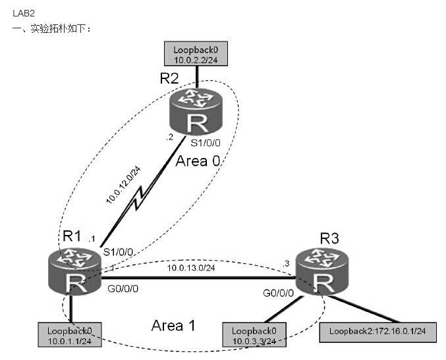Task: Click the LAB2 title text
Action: pyautogui.click(x=24, y=13)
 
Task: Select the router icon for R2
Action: pyautogui.click(x=196, y=113)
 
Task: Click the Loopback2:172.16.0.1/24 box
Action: pyautogui.click(x=377, y=332)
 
